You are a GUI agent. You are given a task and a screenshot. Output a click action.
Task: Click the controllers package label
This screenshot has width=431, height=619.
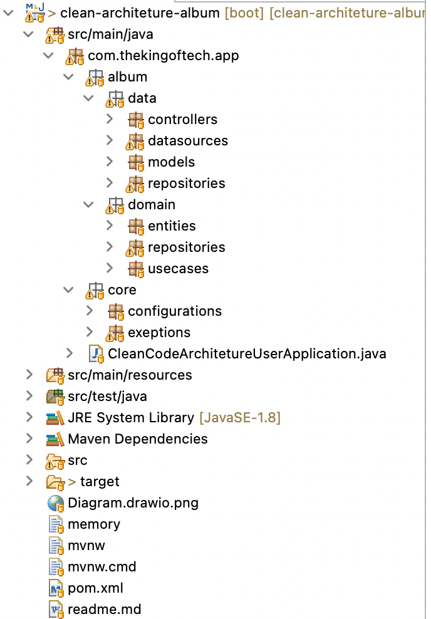182,120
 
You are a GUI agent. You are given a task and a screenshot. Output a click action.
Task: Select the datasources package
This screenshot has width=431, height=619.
187,141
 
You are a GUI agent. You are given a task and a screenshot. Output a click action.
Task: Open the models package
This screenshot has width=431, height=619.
171,162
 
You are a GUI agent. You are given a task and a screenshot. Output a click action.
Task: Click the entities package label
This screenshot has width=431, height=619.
172,226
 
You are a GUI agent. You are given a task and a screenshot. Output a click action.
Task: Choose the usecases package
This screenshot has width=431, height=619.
178,269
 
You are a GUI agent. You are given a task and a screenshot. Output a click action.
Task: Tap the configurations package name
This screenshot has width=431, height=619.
175,311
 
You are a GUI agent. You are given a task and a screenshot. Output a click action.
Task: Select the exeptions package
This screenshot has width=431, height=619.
159,333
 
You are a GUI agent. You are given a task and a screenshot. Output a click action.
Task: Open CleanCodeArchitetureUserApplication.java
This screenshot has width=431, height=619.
247,354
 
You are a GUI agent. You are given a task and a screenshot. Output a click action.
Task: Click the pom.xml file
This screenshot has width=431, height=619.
95,588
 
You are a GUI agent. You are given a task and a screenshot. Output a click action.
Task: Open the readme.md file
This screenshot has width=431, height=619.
104,610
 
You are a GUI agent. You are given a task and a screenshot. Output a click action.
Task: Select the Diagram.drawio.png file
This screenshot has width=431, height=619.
133,503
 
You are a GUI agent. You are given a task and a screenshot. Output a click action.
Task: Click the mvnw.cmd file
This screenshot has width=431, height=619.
101,567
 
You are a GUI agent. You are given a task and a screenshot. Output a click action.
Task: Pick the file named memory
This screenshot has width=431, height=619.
94,524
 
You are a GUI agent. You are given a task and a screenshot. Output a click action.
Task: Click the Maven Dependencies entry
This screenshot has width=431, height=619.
138,439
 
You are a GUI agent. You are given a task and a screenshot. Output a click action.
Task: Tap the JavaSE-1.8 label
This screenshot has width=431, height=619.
240,418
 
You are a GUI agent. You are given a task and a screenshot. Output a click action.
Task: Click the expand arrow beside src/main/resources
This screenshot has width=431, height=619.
29,375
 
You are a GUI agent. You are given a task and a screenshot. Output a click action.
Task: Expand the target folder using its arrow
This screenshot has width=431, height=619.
29,482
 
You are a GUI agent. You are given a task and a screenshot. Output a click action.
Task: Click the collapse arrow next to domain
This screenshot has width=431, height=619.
89,205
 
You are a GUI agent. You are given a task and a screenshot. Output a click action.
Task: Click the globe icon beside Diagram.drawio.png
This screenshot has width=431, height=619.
56,503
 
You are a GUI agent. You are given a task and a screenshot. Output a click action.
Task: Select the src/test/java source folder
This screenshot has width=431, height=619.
107,397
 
